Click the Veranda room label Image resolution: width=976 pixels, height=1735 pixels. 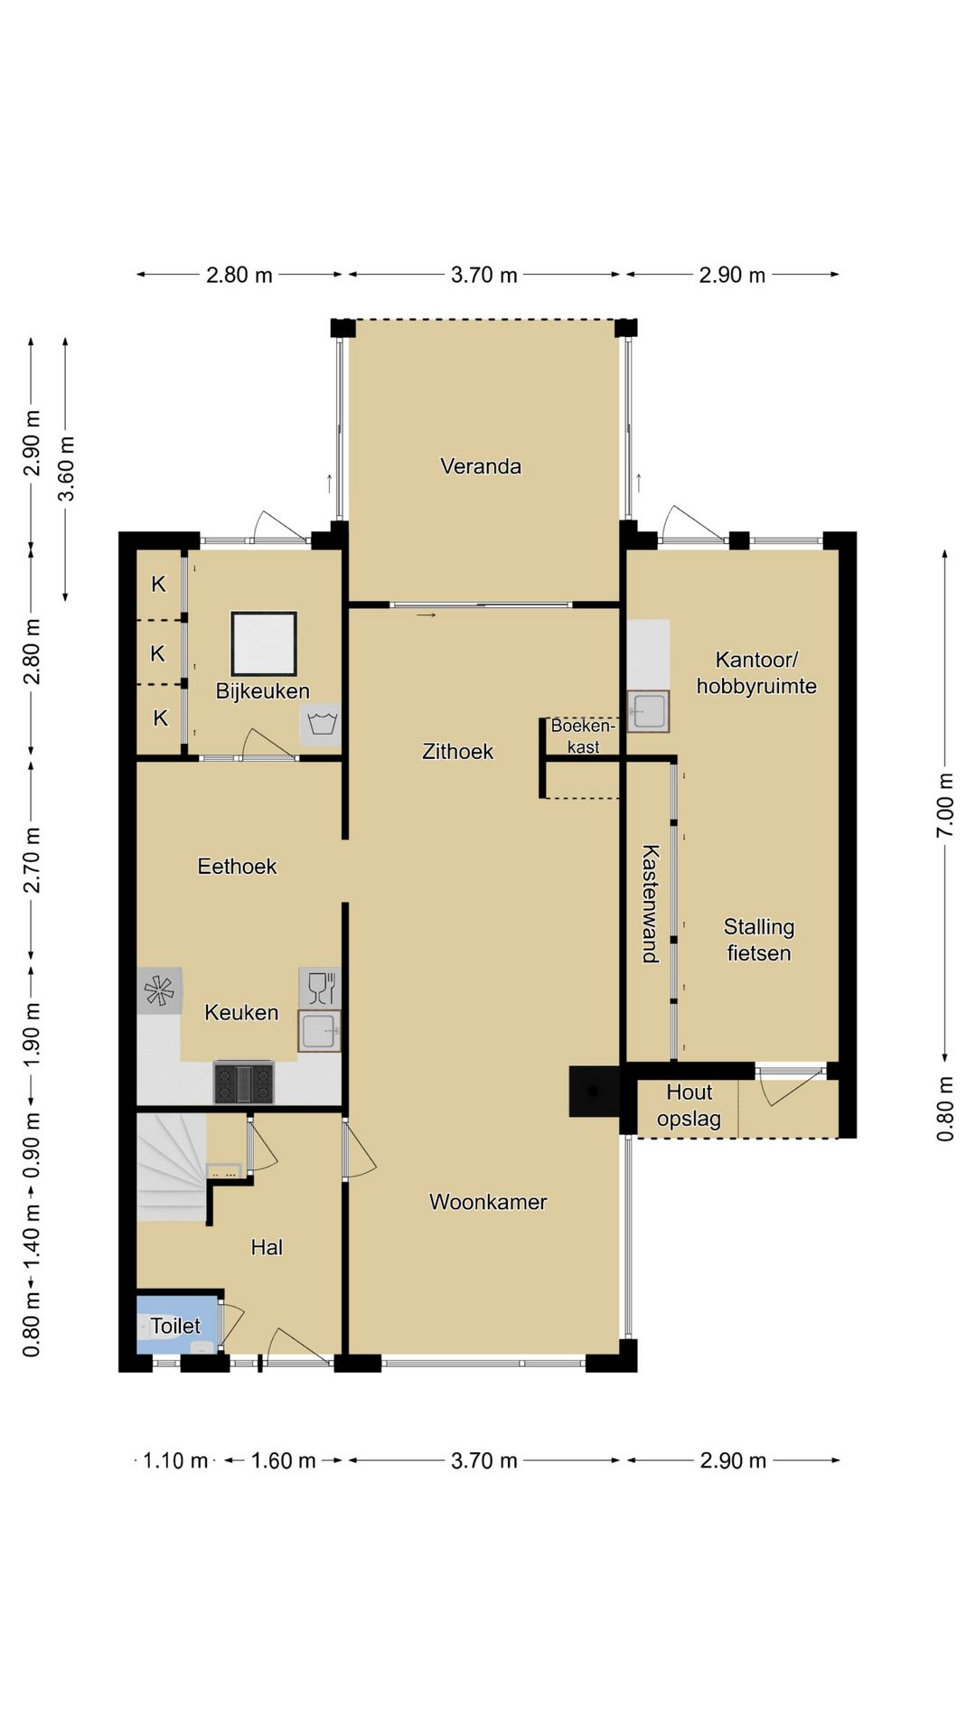pyautogui.click(x=481, y=466)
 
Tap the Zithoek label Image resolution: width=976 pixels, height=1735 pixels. pyautogui.click(x=458, y=751)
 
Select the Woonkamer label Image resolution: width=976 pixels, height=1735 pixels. pyautogui.click(x=488, y=1202)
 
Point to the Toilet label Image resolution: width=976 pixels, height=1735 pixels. pyautogui.click(x=175, y=1326)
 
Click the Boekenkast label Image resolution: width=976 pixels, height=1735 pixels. pyautogui.click(x=583, y=736)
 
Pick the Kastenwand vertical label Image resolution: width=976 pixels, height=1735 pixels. pyautogui.click(x=651, y=904)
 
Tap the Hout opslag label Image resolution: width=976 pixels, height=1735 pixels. pyautogui.click(x=690, y=1106)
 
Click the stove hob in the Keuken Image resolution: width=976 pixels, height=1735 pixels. pyautogui.click(x=244, y=1083)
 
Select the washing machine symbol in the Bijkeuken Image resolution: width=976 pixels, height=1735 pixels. pyautogui.click(x=322, y=725)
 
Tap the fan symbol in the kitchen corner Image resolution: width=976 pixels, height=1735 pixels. pyautogui.click(x=160, y=990)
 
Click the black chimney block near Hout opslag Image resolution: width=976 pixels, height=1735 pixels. pyautogui.click(x=594, y=1092)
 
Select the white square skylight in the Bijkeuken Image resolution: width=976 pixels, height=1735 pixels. pyautogui.click(x=264, y=643)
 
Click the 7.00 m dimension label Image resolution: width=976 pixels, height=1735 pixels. pyautogui.click(x=945, y=805)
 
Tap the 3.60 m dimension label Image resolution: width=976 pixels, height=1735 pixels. pyautogui.click(x=66, y=468)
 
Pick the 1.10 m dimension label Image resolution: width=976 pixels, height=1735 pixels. pyautogui.click(x=176, y=1460)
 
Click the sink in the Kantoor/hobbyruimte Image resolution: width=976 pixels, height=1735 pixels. pyautogui.click(x=648, y=711)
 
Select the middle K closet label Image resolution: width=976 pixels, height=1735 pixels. pyautogui.click(x=158, y=653)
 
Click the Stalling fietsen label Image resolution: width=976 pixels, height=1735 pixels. pyautogui.click(x=759, y=940)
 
